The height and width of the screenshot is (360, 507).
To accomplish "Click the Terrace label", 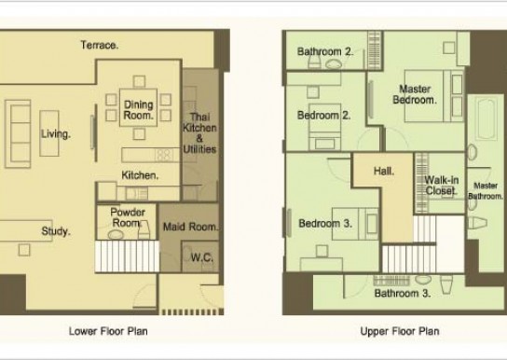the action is coord(100,45).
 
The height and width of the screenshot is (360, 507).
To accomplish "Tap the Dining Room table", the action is coord(138,107).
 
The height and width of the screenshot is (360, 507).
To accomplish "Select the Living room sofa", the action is coord(18,133).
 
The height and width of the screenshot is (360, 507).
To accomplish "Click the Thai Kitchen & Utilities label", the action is coord(199,133).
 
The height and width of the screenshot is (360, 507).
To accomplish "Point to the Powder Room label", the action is coord(128,217).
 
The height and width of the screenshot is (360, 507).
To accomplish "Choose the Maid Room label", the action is coord(190,227).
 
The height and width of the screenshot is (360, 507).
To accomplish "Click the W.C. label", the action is coord(201,257).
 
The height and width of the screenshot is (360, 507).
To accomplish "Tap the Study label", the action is coord(56,231).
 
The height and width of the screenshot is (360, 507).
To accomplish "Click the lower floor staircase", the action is coord(127,256).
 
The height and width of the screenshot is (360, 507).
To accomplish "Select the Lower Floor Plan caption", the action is coord(108,331).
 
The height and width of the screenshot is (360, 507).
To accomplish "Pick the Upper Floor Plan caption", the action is coord(400,331).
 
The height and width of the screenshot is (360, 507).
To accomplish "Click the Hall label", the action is coord(384,171).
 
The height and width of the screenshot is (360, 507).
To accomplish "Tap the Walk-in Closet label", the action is coord(442,186).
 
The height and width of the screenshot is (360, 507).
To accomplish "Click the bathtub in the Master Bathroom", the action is coord(486,119).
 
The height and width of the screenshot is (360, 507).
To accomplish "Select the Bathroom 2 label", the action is coord(325,51).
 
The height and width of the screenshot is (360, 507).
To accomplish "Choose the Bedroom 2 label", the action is coord(324,115).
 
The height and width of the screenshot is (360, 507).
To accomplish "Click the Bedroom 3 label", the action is coord(325,223).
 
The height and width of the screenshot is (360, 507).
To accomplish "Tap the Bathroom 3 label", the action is coord(403,294).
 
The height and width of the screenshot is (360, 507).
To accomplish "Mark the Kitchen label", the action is coord(140,175).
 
